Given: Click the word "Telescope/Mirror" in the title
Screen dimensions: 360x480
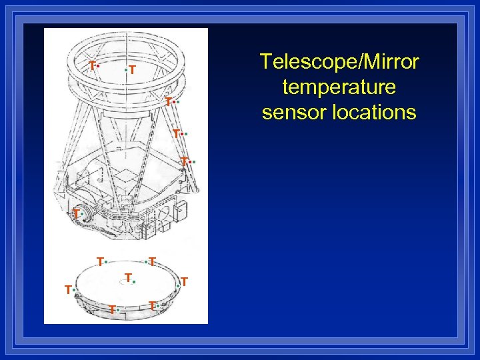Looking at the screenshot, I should point(339,62).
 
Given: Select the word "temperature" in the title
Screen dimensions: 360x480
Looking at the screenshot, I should point(339,87).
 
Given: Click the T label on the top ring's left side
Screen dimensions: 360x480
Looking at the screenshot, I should point(92,65).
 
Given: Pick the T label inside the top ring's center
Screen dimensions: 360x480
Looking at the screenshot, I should point(133,69).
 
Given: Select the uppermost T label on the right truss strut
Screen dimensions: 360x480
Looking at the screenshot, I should point(169,101).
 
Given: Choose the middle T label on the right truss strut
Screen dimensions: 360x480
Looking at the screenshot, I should point(176,133).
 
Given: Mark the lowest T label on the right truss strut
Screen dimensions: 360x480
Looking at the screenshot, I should point(184,161).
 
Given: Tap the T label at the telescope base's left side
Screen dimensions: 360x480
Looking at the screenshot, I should point(76,213).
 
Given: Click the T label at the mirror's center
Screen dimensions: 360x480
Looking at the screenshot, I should point(129,277).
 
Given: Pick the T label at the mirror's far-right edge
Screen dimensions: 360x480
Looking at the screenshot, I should point(185,282).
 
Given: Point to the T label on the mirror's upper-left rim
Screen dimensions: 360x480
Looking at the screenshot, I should point(99,261).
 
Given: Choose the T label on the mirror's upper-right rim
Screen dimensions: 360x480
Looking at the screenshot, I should point(153,261).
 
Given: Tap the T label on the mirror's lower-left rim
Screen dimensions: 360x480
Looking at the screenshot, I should point(112,309).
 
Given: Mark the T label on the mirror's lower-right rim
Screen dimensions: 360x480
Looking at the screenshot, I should point(152,305).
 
